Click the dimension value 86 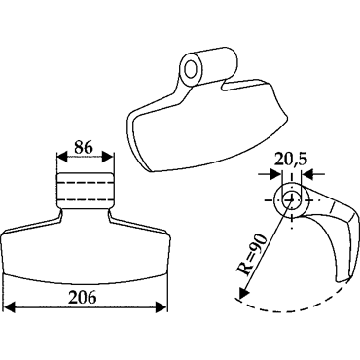pyautogui.click(x=84, y=147)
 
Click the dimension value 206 pyautogui.click(x=82, y=297)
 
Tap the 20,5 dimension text pyautogui.click(x=290, y=160)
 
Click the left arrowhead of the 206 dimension pyautogui.click(x=11, y=307)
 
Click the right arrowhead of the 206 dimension pyautogui.click(x=162, y=307)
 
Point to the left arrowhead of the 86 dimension pyautogui.click(x=62, y=158)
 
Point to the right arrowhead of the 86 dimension pyautogui.click(x=108, y=158)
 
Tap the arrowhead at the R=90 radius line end pyautogui.click(x=243, y=292)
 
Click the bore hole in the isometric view pyautogui.click(x=191, y=68)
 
